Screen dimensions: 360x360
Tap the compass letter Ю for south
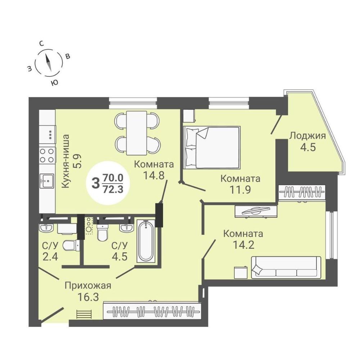[54, 83]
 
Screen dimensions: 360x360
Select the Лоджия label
[307, 136]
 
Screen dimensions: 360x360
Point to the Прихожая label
[88, 286]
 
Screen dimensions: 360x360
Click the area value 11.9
[240, 190]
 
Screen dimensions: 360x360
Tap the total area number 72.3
[113, 189]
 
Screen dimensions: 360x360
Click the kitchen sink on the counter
[47, 181]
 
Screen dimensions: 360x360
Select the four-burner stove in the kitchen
[47, 155]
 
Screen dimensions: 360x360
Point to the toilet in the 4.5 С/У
[102, 232]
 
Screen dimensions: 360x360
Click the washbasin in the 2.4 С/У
[46, 228]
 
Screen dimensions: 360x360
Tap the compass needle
[49, 62]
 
